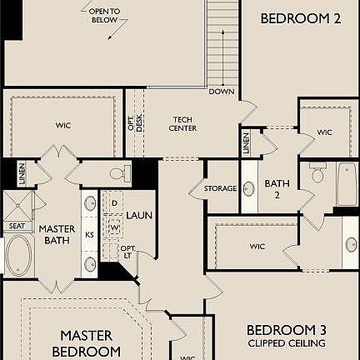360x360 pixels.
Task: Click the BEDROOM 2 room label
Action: pyautogui.click(x=301, y=18)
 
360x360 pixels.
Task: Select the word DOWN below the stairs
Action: pyautogui.click(x=222, y=92)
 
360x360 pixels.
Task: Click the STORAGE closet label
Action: pyautogui.click(x=221, y=189)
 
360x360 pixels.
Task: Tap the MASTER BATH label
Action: pyautogui.click(x=57, y=235)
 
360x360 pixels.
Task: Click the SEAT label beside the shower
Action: pyautogui.click(x=17, y=225)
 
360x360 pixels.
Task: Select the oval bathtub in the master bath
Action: pyautogui.click(x=17, y=256)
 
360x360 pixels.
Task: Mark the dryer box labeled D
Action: pyautogui.click(x=114, y=202)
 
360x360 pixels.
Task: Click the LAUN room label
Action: pyautogui.click(x=139, y=215)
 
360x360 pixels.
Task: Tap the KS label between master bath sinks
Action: pyautogui.click(x=89, y=235)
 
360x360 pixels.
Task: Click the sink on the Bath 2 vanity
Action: pyautogui.click(x=248, y=188)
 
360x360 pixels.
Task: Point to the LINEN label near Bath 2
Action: pyautogui.click(x=247, y=142)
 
